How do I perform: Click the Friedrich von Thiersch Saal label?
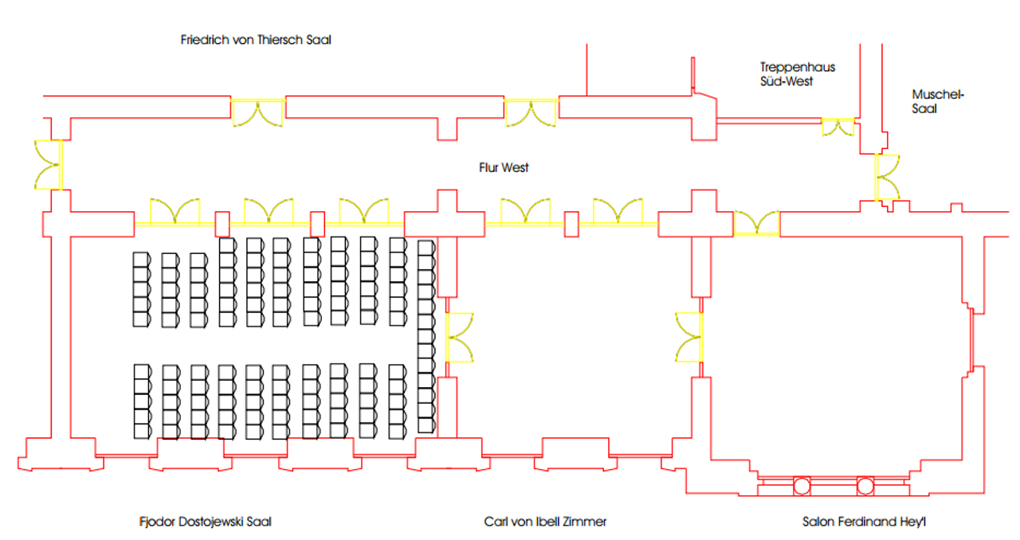tap(255, 41)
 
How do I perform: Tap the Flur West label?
tap(504, 168)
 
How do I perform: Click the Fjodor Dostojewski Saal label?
tap(205, 522)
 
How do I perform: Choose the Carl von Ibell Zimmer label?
tap(545, 522)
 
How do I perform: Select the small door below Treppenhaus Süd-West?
tap(838, 126)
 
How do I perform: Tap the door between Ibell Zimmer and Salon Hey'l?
tap(690, 337)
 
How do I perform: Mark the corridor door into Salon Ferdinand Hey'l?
tap(756, 223)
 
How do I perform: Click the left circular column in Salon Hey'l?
tap(801, 485)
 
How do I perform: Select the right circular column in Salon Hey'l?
tap(865, 485)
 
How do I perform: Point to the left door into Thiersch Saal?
tap(257, 112)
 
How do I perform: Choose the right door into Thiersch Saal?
tap(531, 112)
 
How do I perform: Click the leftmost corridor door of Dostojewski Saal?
tap(175, 213)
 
